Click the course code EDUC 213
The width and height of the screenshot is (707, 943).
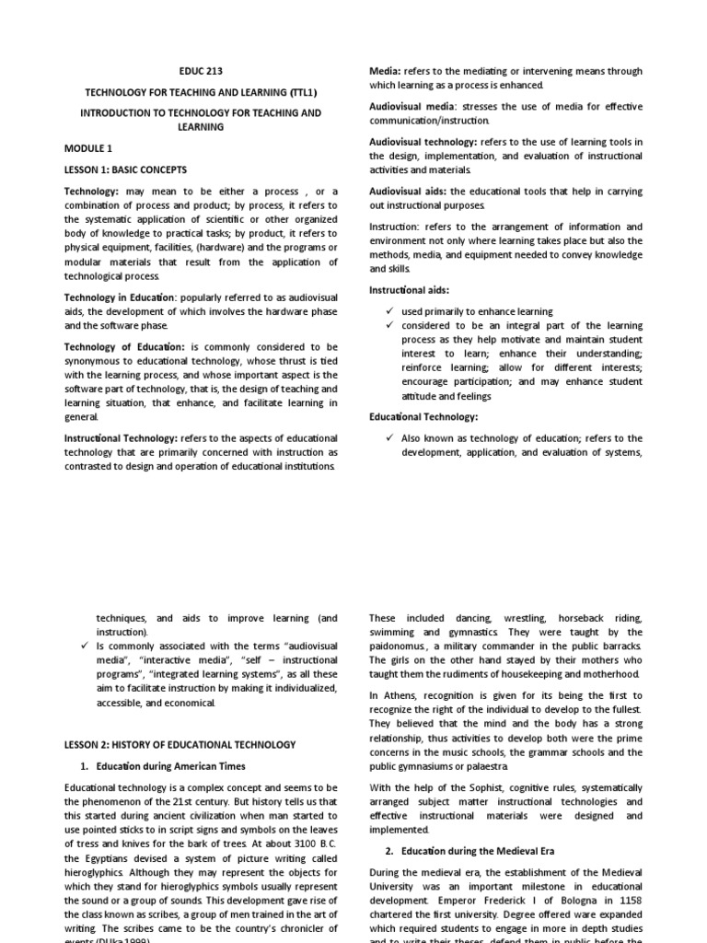(x=200, y=70)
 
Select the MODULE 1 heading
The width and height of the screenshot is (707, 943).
(x=88, y=147)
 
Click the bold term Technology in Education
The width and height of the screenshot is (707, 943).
(x=118, y=297)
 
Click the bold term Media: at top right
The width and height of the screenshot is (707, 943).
(x=385, y=70)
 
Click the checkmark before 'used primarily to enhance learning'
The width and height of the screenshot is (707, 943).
(x=390, y=311)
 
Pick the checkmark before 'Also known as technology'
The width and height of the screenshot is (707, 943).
(x=390, y=438)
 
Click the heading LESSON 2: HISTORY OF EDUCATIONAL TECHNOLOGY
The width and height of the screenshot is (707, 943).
(x=180, y=744)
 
